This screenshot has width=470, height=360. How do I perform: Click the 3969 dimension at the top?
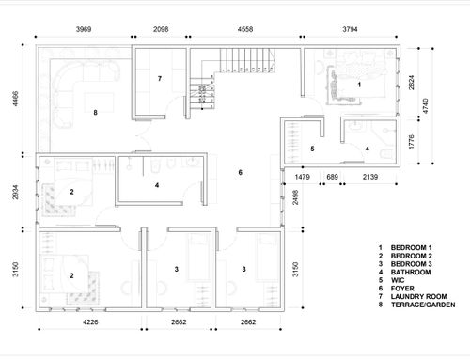click(x=84, y=29)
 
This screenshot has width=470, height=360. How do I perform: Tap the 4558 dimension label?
click(x=245, y=29)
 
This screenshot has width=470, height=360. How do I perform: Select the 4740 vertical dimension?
click(x=425, y=106)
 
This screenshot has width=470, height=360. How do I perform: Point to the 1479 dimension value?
click(x=303, y=177)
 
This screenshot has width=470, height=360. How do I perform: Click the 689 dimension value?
click(x=332, y=177)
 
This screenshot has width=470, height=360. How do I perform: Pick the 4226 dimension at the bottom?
click(x=90, y=322)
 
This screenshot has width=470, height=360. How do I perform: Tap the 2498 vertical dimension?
click(x=295, y=197)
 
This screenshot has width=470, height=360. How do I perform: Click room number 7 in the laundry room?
click(x=160, y=78)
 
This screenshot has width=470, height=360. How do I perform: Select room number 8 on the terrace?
click(x=95, y=113)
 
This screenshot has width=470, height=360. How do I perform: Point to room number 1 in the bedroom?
click(x=359, y=85)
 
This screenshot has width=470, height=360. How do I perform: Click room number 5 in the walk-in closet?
click(x=312, y=149)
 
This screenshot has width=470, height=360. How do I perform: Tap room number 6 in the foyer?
click(x=241, y=172)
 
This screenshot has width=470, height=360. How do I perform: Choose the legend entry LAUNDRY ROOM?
click(x=418, y=296)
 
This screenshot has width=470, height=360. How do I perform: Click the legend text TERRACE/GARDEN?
click(x=423, y=305)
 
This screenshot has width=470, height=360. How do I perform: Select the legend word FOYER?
click(x=402, y=289)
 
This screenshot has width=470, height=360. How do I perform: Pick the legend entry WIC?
click(x=398, y=280)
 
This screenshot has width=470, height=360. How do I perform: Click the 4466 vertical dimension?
click(x=15, y=99)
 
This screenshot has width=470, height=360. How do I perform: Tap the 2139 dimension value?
click(x=370, y=177)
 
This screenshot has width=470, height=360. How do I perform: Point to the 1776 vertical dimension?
click(x=412, y=142)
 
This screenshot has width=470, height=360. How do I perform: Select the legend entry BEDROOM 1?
click(x=411, y=247)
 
